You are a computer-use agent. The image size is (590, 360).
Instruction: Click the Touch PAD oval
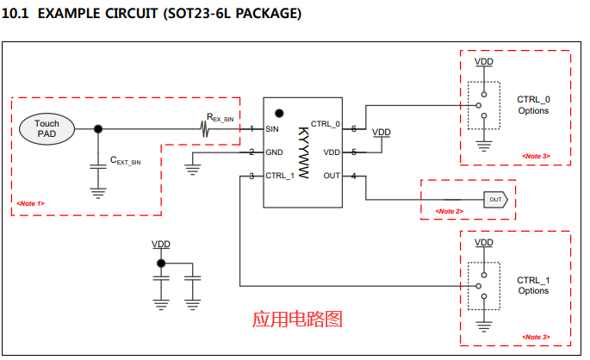(47, 129)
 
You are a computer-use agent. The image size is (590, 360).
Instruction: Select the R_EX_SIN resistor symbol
(207, 129)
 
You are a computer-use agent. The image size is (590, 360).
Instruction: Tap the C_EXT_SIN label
(125, 161)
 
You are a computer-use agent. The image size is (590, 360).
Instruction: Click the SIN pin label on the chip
(272, 129)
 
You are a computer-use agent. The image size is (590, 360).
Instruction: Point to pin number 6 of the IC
(353, 128)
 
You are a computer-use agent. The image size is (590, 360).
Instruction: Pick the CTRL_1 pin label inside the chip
(280, 176)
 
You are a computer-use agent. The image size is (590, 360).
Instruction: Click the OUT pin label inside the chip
(332, 176)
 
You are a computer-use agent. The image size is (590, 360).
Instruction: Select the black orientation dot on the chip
(278, 113)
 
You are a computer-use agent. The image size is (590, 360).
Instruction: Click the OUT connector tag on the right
(495, 199)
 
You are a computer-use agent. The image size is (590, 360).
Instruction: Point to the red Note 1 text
(30, 203)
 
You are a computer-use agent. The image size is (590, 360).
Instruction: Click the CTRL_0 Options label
(533, 105)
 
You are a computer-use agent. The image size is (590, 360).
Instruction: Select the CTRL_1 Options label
(533, 285)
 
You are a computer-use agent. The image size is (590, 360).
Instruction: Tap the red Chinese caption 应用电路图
(297, 319)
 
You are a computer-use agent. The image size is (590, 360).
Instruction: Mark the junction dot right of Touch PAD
(98, 129)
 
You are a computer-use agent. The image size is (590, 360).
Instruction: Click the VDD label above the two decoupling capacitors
(160, 245)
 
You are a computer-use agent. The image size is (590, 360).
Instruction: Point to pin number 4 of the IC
(353, 177)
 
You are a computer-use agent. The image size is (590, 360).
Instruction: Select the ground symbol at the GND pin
(193, 160)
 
